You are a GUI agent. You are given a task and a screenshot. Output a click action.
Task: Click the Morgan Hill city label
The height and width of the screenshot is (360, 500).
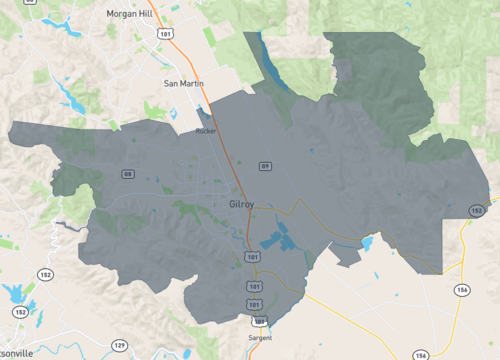134,15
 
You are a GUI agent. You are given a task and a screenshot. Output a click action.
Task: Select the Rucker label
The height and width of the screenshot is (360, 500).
206,130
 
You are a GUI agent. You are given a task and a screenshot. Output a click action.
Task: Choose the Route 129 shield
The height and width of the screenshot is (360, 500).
119,345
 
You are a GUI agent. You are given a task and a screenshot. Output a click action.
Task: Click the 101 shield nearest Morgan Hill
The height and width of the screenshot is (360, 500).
164,33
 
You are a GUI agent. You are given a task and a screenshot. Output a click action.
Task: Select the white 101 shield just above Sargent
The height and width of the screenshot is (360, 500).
260,321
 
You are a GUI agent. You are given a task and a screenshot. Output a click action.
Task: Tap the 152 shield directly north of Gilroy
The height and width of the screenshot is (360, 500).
265,165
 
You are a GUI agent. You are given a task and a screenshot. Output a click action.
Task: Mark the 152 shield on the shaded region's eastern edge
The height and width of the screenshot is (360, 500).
477,211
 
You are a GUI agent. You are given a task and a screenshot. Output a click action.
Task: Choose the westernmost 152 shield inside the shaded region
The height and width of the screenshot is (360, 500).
128,174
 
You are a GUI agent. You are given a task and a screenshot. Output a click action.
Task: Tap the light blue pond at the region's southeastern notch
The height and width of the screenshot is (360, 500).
368,243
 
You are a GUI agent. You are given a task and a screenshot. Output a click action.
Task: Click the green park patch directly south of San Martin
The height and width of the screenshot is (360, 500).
156,110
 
